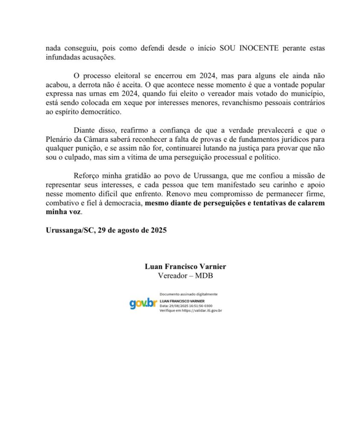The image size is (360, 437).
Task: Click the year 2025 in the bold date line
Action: click(157, 230)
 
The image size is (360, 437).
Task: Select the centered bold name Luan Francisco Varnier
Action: click(185, 267)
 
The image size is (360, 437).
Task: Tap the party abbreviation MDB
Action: click(204, 275)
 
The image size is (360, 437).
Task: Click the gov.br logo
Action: click(143, 303)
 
